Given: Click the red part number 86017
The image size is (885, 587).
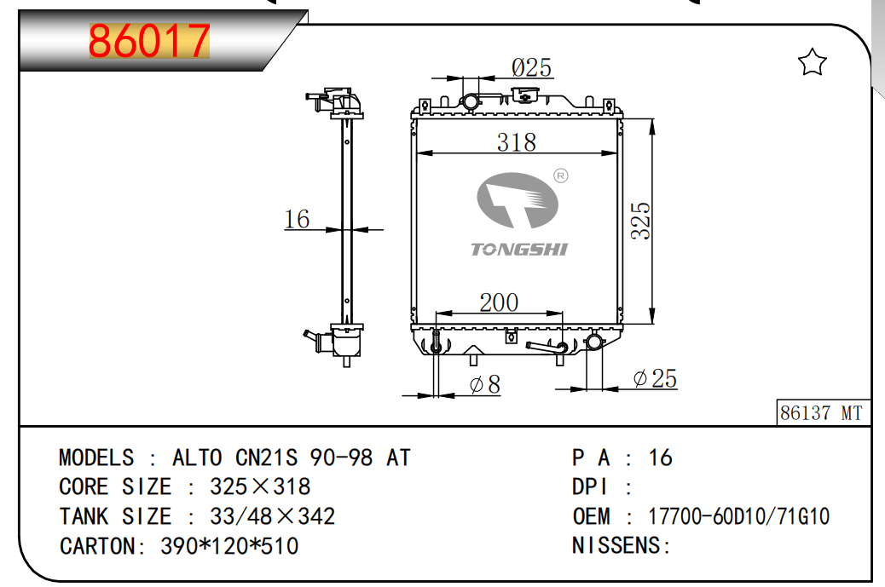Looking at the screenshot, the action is pyautogui.click(x=149, y=41).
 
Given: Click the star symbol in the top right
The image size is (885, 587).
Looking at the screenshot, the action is pyautogui.click(x=812, y=62).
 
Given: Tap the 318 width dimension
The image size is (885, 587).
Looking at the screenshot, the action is pyautogui.click(x=517, y=142).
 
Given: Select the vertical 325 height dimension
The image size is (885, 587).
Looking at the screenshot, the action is pyautogui.click(x=641, y=221).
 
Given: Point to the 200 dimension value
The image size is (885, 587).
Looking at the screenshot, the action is pyautogui.click(x=499, y=302).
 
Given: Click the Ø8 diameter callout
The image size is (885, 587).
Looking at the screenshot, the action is pyautogui.click(x=485, y=384).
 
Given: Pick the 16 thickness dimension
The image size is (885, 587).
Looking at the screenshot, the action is pyautogui.click(x=297, y=219).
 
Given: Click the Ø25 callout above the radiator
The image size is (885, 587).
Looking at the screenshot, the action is pyautogui.click(x=531, y=67).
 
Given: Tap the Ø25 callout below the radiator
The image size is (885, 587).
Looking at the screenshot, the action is pyautogui.click(x=656, y=378).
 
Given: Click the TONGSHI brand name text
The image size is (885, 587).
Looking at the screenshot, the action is pyautogui.click(x=519, y=250).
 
